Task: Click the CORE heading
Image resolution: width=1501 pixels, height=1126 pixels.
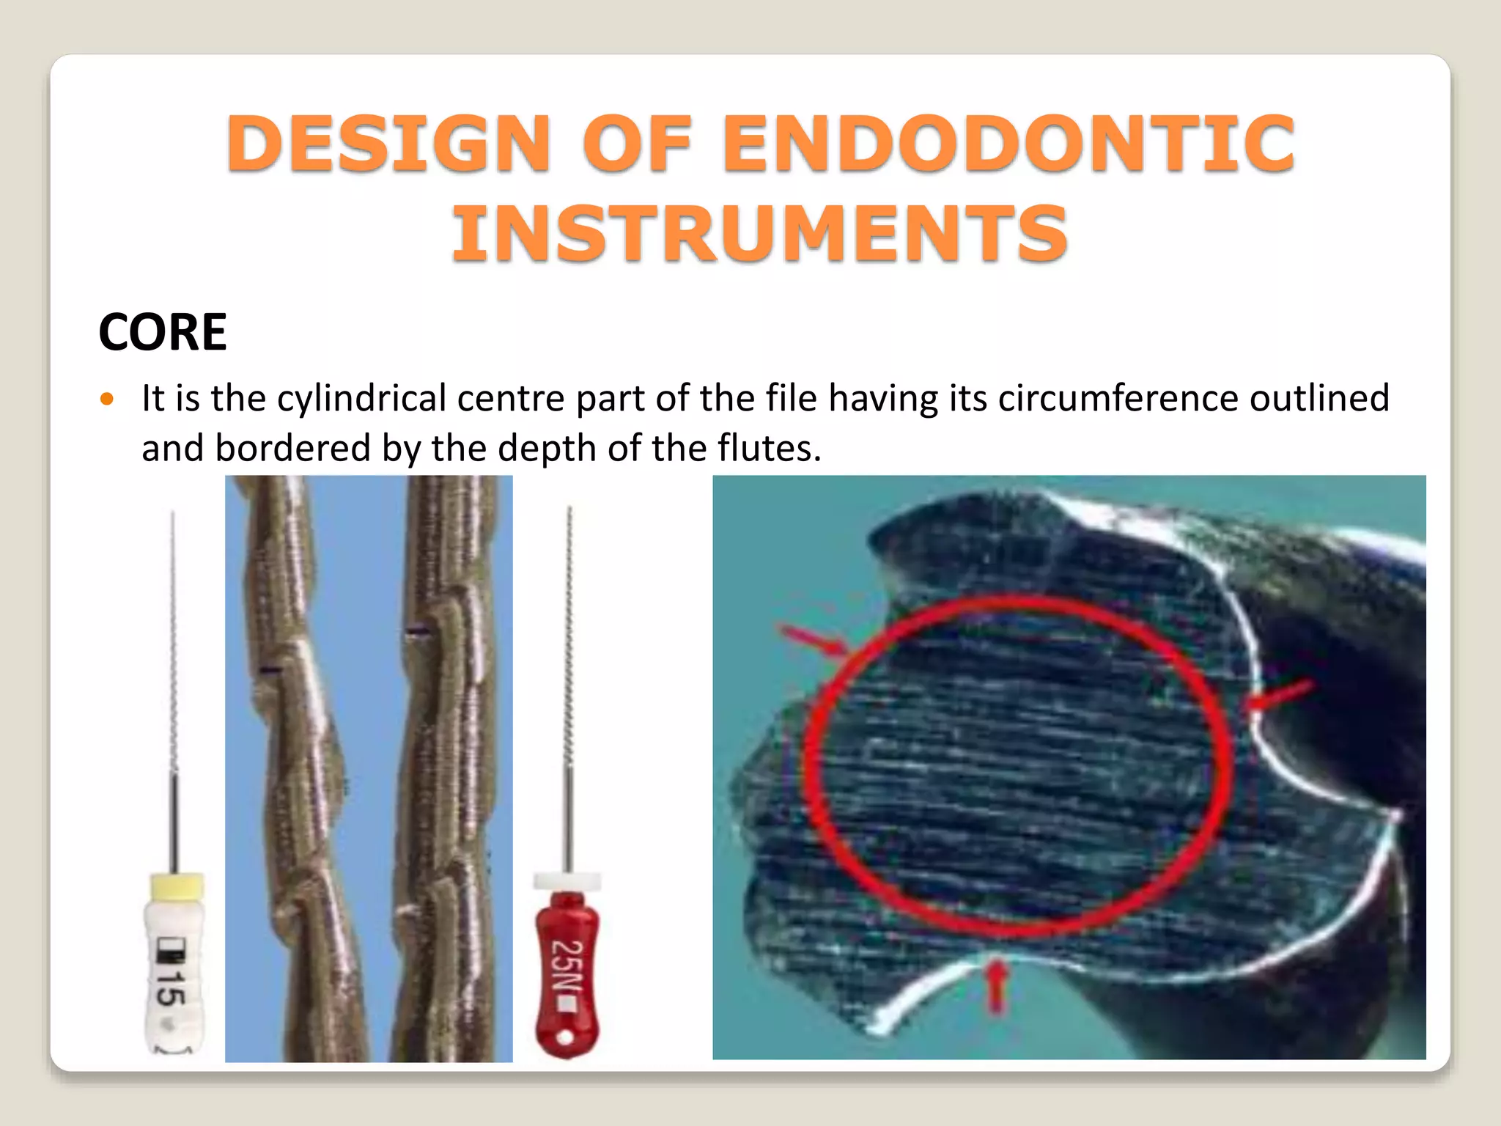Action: coord(163,332)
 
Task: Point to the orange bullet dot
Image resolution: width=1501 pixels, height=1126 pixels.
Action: coord(108,400)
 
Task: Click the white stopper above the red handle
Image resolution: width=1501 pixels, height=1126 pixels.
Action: coord(567,881)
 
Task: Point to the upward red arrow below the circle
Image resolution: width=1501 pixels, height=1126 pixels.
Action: coord(996,988)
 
